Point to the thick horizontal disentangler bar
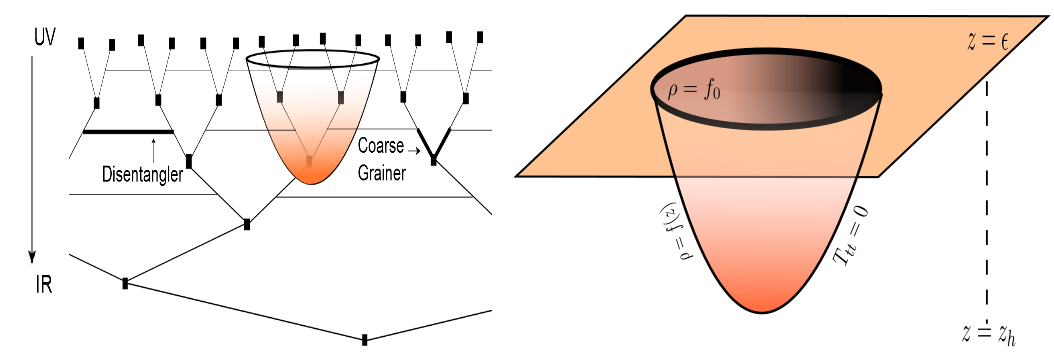(128, 131)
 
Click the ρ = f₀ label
(694, 91)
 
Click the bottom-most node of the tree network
(364, 340)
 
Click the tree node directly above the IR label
(125, 283)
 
